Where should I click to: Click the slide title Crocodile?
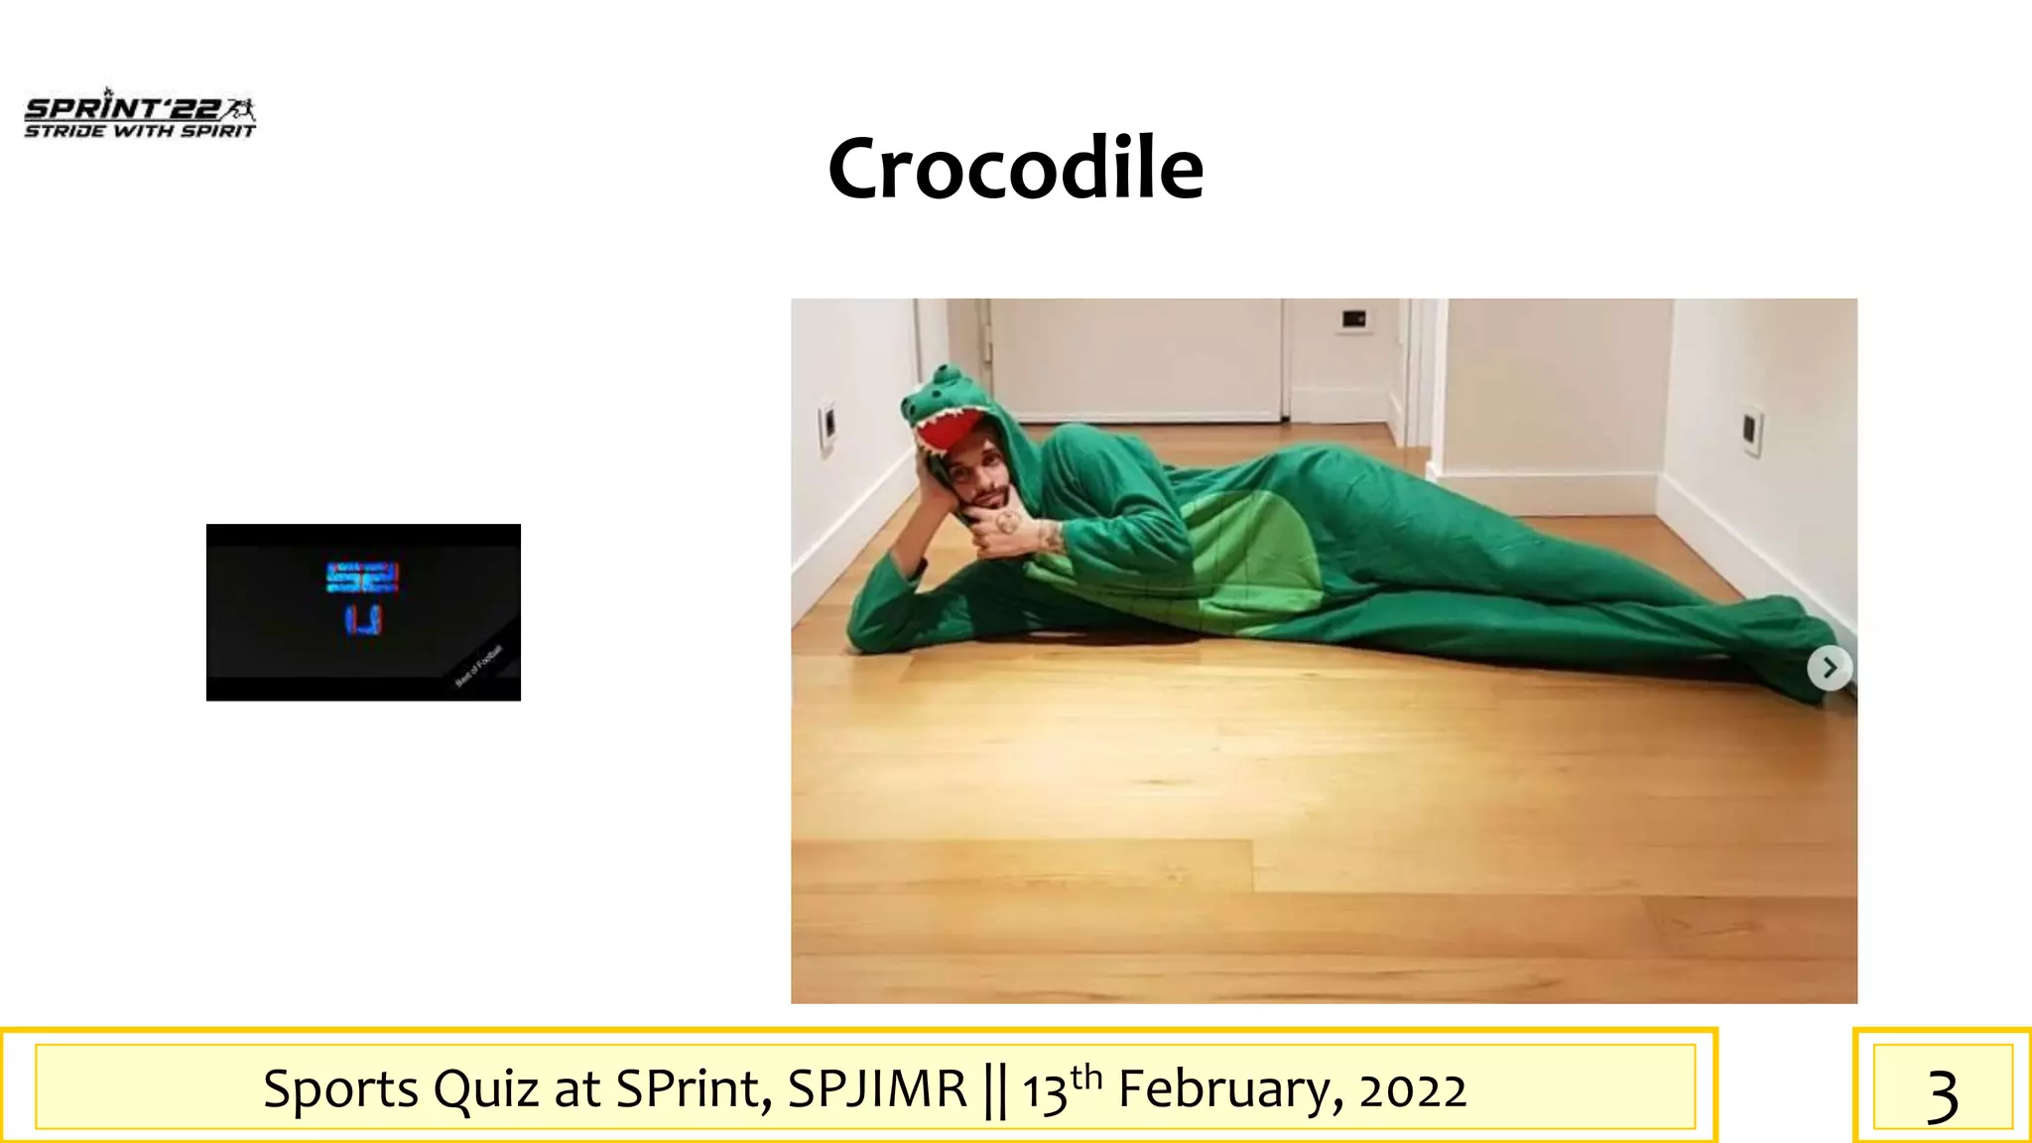pyautogui.click(x=1015, y=169)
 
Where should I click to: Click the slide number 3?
pyautogui.click(x=1942, y=1094)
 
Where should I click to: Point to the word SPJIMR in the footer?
pyautogui.click(x=877, y=1089)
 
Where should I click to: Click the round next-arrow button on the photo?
pyautogui.click(x=1829, y=668)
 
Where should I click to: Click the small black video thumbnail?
pyautogui.click(x=363, y=612)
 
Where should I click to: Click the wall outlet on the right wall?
pyautogui.click(x=1753, y=431)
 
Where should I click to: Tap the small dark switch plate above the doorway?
pyautogui.click(x=1353, y=318)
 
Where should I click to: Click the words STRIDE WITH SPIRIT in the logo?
pyautogui.click(x=140, y=132)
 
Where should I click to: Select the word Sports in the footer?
pyautogui.click(x=341, y=1089)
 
